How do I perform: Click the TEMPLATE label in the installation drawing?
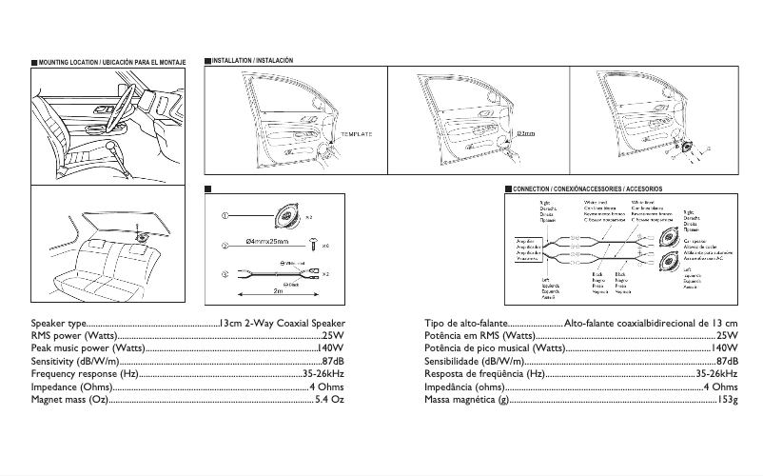click(x=356, y=134)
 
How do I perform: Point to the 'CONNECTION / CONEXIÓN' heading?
click(x=587, y=189)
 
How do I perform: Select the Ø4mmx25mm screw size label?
click(x=265, y=244)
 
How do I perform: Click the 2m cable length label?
click(x=278, y=290)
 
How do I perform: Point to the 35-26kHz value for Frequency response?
click(x=323, y=374)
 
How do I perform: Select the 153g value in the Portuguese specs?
click(x=727, y=400)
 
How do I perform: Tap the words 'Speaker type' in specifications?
click(x=59, y=324)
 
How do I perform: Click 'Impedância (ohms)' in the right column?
click(x=464, y=387)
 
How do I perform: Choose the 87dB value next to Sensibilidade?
click(x=727, y=362)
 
